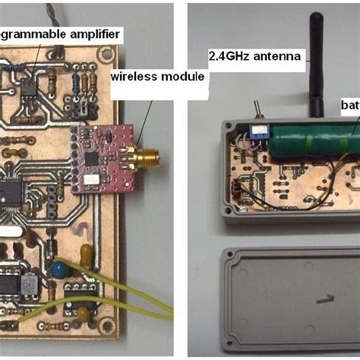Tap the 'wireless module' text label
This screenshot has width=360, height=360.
click(x=158, y=76)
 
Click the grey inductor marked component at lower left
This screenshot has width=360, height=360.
click(x=28, y=284)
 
